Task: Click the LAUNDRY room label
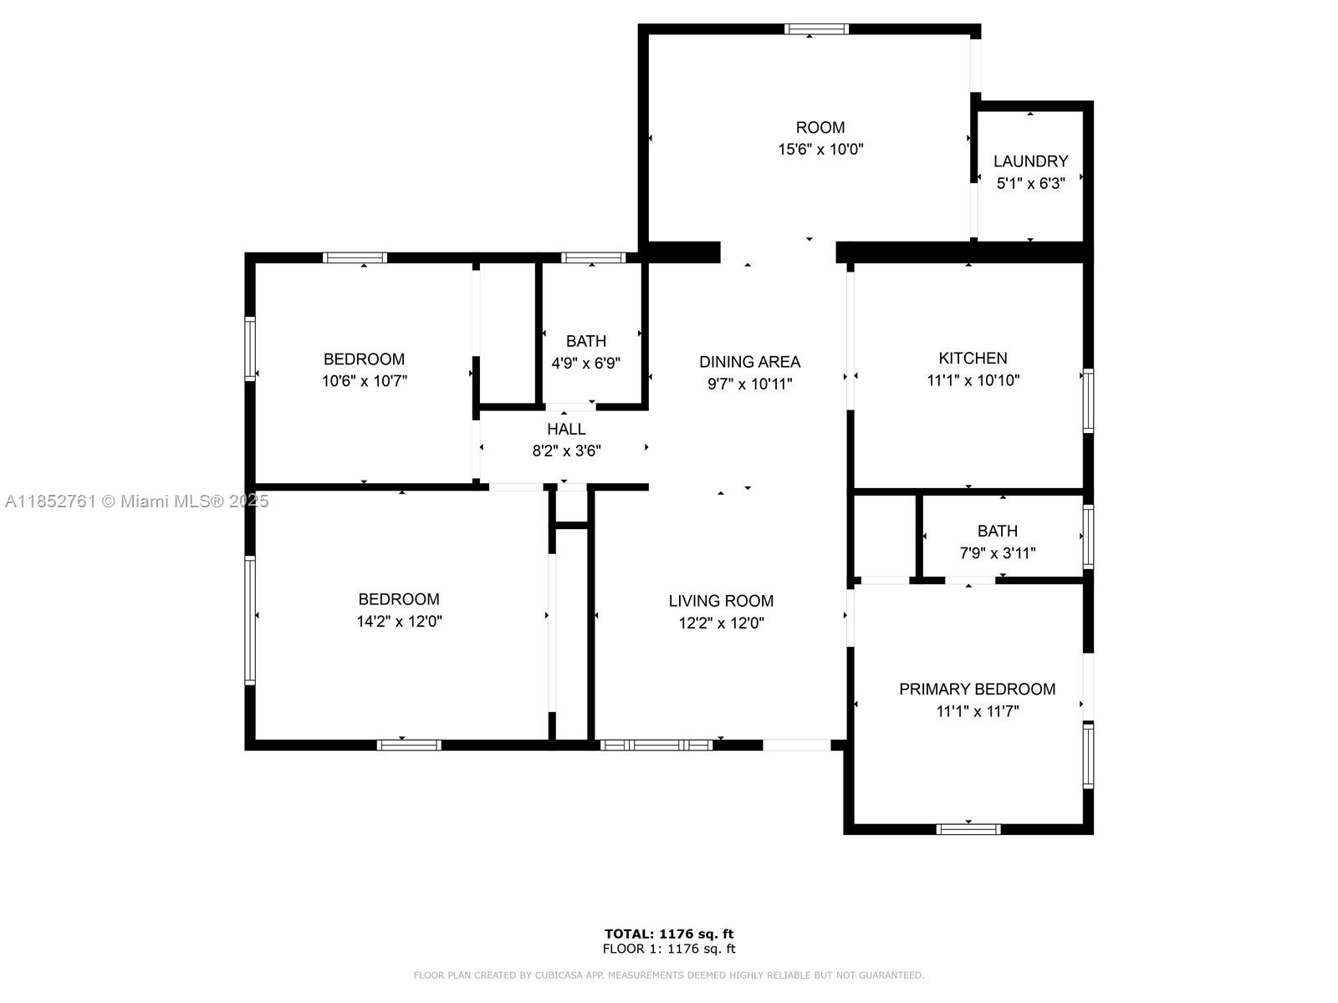pyautogui.click(x=1030, y=161)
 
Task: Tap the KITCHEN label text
pyautogui.click(x=973, y=358)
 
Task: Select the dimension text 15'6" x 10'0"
pyautogui.click(x=820, y=150)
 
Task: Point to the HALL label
pyautogui.click(x=566, y=430)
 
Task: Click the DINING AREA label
pyautogui.click(x=749, y=363)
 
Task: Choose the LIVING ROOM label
pyautogui.click(x=721, y=601)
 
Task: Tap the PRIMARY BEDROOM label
pyautogui.click(x=977, y=690)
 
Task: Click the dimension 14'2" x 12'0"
pyautogui.click(x=399, y=622)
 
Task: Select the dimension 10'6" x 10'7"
pyautogui.click(x=364, y=381)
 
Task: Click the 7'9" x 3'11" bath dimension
pyautogui.click(x=998, y=553)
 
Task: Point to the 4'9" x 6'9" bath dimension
pyautogui.click(x=585, y=364)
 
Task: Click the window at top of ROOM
pyautogui.click(x=815, y=28)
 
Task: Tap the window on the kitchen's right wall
pyautogui.click(x=1088, y=400)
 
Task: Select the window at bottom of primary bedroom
pyautogui.click(x=968, y=829)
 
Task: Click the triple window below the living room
pyautogui.click(x=656, y=745)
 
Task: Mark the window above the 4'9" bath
pyautogui.click(x=593, y=257)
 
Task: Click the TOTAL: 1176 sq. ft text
pyautogui.click(x=669, y=934)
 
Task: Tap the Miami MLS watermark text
pyautogui.click(x=136, y=501)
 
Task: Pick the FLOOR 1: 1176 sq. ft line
pyautogui.click(x=669, y=949)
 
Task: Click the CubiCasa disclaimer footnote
pyautogui.click(x=669, y=975)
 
